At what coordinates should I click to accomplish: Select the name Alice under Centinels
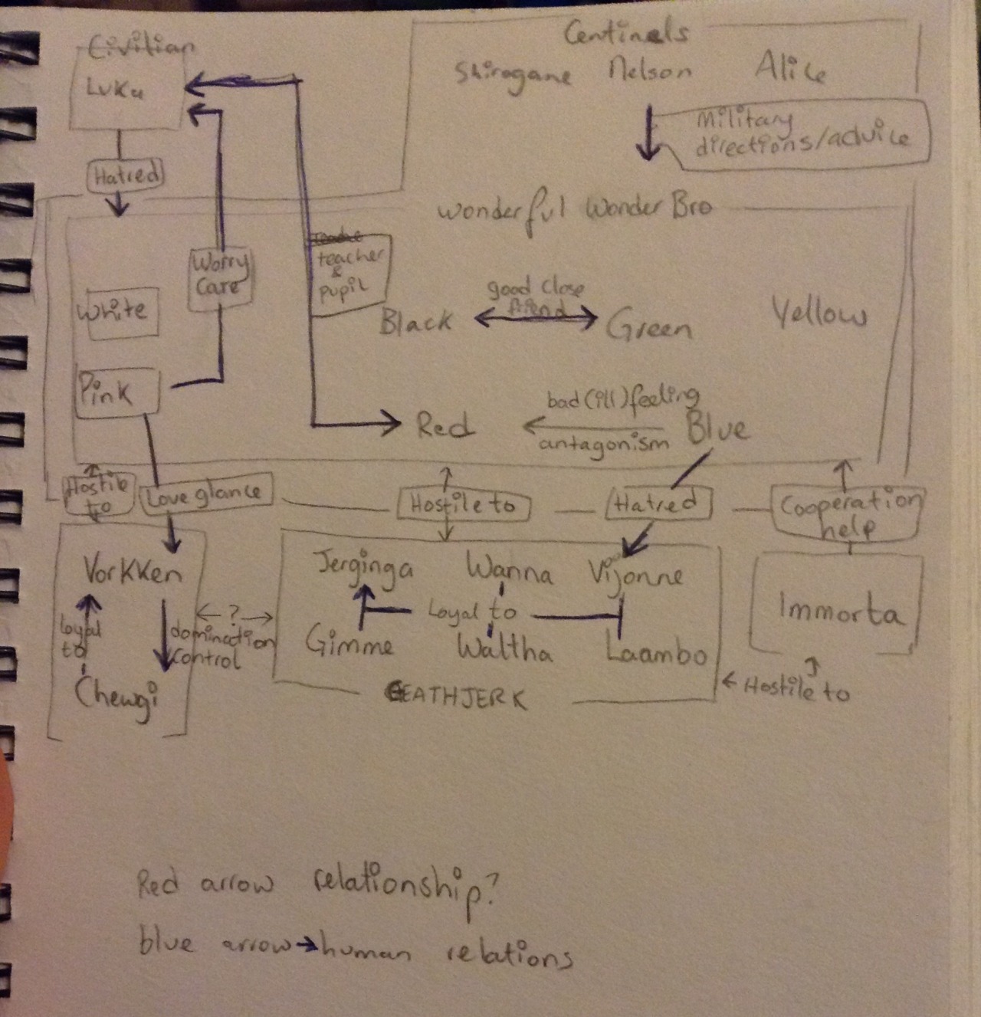point(790,71)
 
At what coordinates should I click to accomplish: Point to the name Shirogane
point(513,74)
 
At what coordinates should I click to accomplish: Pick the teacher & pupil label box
point(349,274)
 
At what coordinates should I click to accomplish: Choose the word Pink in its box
point(105,392)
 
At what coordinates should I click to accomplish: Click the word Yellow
point(819,314)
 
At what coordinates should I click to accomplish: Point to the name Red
point(445,425)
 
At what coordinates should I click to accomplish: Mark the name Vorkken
point(132,571)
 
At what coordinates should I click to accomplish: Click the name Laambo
point(655,651)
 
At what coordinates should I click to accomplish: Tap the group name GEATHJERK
point(457,698)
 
